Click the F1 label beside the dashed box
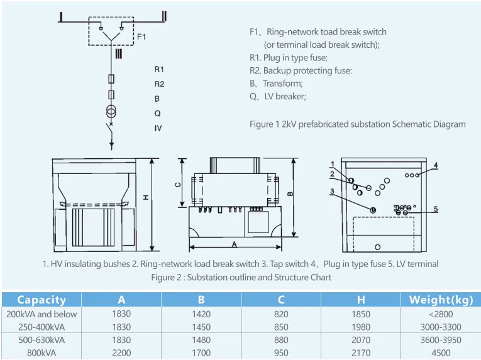coord(141,37)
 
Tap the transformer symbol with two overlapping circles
coord(111,111)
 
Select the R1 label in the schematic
coord(159,69)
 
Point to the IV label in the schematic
coord(158,128)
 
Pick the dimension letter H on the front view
coord(146,197)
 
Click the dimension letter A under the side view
coord(235,244)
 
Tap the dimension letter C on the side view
coord(177,185)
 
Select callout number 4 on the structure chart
coord(435,165)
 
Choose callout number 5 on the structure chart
coord(436,209)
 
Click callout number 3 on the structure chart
coord(332,192)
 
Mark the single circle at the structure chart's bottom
coord(378,247)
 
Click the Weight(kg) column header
coord(441,300)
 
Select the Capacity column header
coord(41,300)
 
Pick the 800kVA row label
coord(41,353)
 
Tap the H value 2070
coord(361,340)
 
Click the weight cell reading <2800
coord(441,314)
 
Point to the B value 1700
coord(201,353)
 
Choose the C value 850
coord(281,327)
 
